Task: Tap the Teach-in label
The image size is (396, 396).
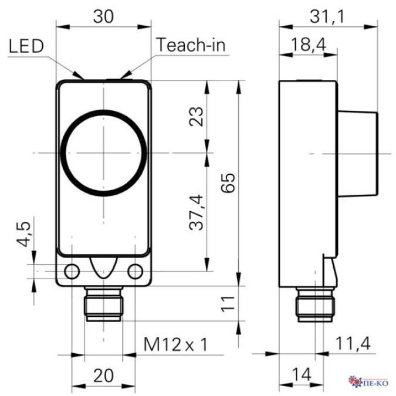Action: point(191,45)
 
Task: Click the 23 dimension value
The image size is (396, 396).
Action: point(198,117)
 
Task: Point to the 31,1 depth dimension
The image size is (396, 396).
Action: point(328,17)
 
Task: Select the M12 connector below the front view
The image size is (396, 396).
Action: point(104,304)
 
